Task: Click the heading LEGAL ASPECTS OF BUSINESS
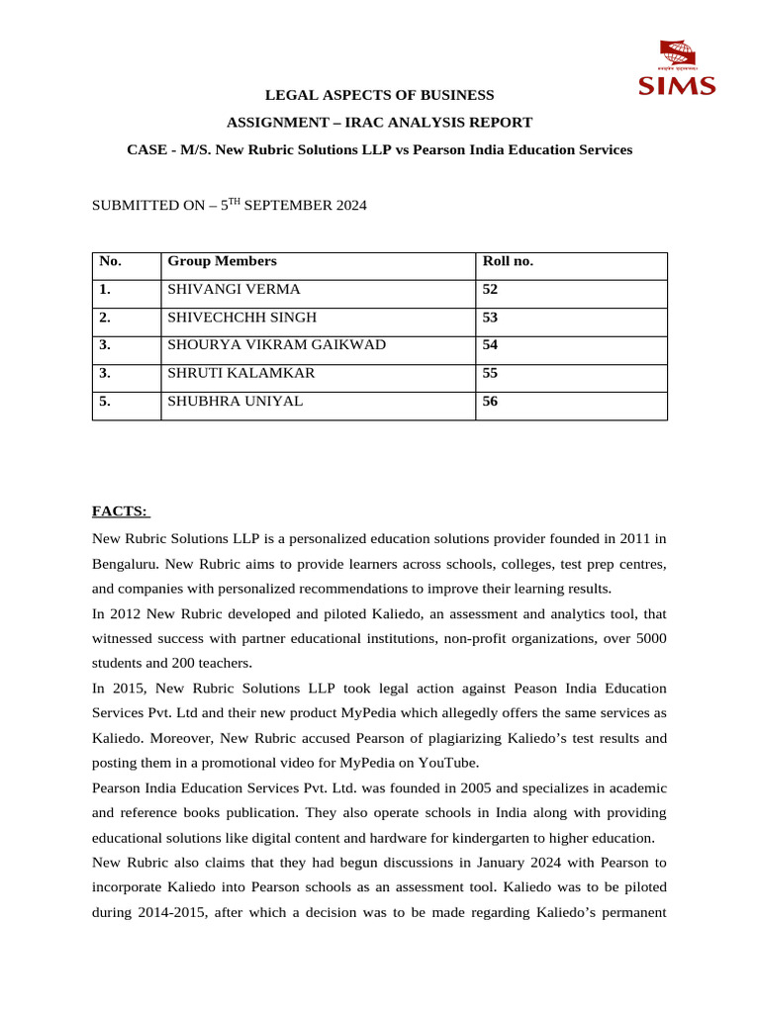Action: pos(379,95)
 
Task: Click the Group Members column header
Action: pos(222,261)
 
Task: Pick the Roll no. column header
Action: pos(507,261)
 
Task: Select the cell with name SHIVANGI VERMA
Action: pos(234,290)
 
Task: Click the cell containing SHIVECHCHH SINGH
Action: pos(241,318)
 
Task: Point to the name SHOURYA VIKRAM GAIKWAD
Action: pos(276,345)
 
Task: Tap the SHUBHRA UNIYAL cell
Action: pos(236,401)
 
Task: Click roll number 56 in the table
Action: pos(491,401)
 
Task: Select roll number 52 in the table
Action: pos(491,290)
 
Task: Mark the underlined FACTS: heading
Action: pos(120,510)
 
